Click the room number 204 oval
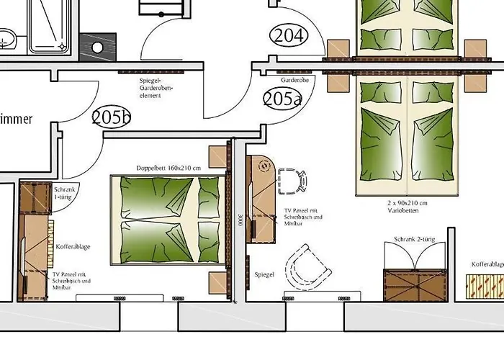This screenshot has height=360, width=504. [288, 35]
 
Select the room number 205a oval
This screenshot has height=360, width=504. [282, 98]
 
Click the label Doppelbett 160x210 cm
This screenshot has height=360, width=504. [168, 168]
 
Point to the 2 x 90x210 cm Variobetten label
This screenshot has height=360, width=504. [408, 207]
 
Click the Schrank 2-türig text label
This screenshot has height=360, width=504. [415, 239]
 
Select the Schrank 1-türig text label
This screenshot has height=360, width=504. [65, 192]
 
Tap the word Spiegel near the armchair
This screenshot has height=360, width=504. [264, 275]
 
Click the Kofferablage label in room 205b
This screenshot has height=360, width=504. [73, 247]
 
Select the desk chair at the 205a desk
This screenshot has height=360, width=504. [291, 181]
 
